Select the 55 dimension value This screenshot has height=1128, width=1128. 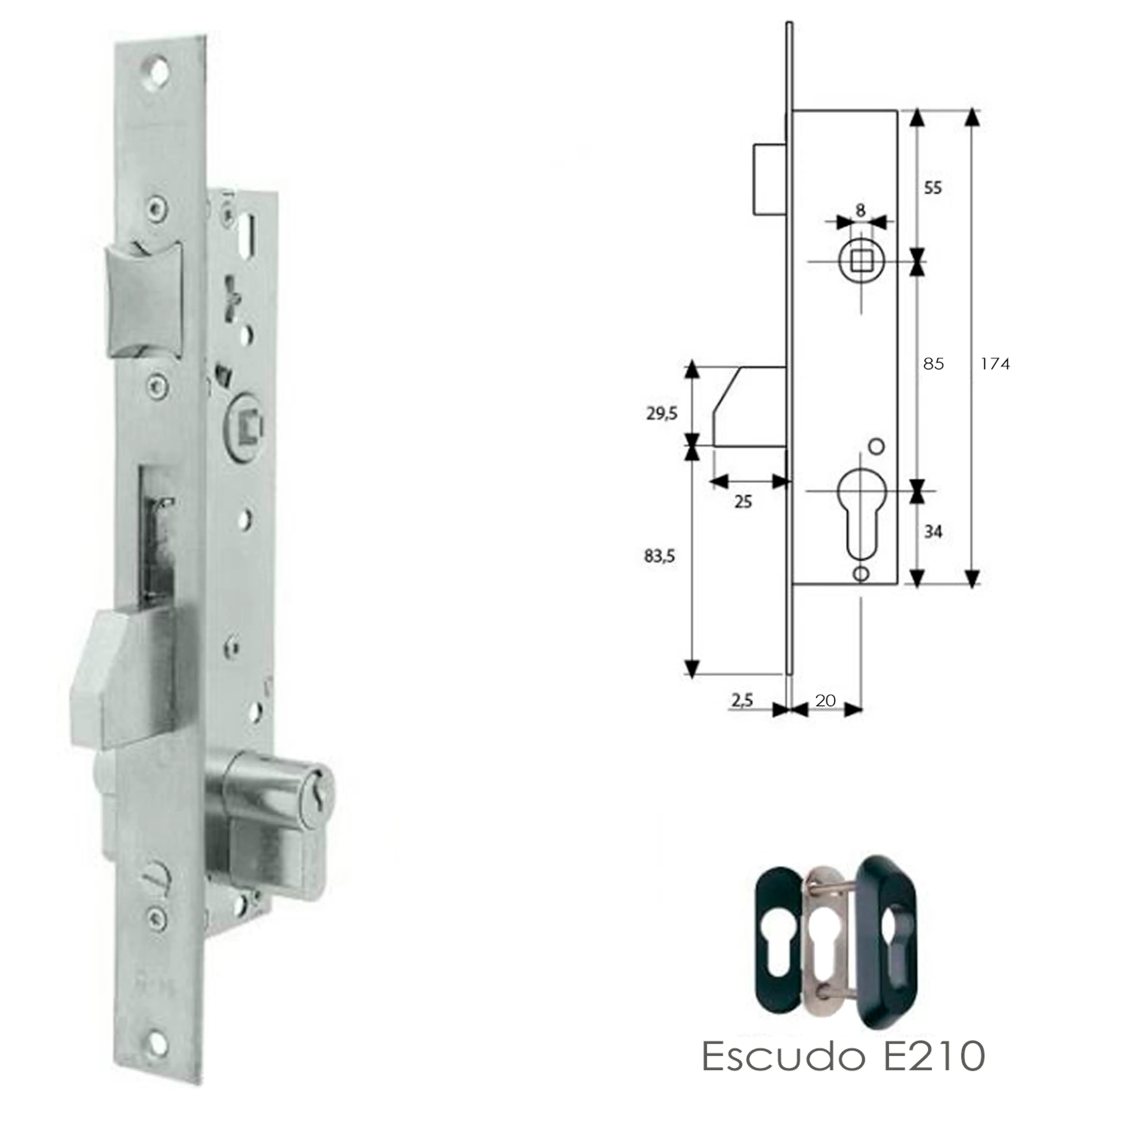(933, 188)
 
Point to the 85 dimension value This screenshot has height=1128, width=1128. (933, 364)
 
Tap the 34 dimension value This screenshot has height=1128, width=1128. (933, 531)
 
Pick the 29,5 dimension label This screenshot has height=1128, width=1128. (662, 414)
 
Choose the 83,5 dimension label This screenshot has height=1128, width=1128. (659, 556)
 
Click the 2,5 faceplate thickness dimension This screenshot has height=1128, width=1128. (741, 699)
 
